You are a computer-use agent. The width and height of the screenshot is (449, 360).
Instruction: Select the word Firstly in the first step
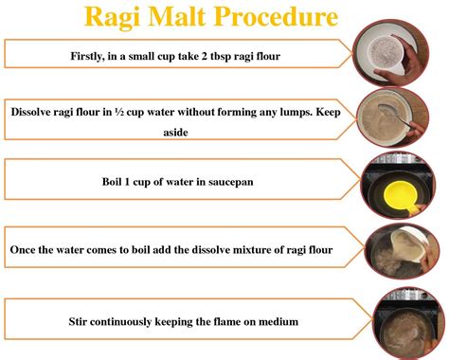tap(93, 54)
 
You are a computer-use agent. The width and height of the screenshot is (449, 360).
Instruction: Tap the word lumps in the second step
tap(280, 111)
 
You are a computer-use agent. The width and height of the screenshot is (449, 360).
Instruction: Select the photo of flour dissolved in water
tap(393, 118)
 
